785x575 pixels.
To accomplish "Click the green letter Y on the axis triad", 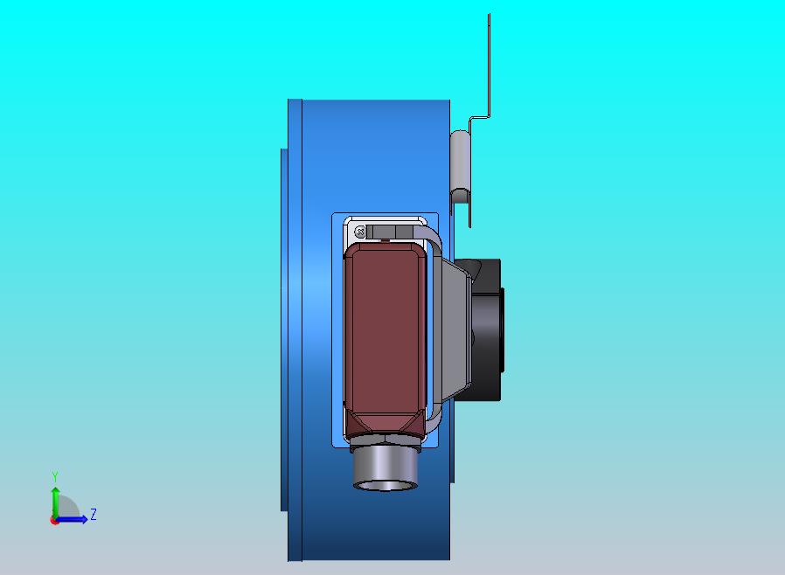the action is (x=55, y=476).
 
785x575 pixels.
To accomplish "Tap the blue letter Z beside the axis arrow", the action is (x=94, y=514).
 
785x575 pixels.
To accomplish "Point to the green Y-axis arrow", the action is (x=55, y=503).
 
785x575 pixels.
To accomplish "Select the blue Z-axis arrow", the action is (x=71, y=520).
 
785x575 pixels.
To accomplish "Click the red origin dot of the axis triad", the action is (x=53, y=521).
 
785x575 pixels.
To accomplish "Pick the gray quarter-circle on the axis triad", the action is (x=67, y=508).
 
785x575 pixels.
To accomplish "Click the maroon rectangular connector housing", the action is (x=385, y=339).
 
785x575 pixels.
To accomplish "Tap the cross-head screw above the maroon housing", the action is (x=359, y=232).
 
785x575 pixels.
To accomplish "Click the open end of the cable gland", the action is (x=385, y=484).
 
